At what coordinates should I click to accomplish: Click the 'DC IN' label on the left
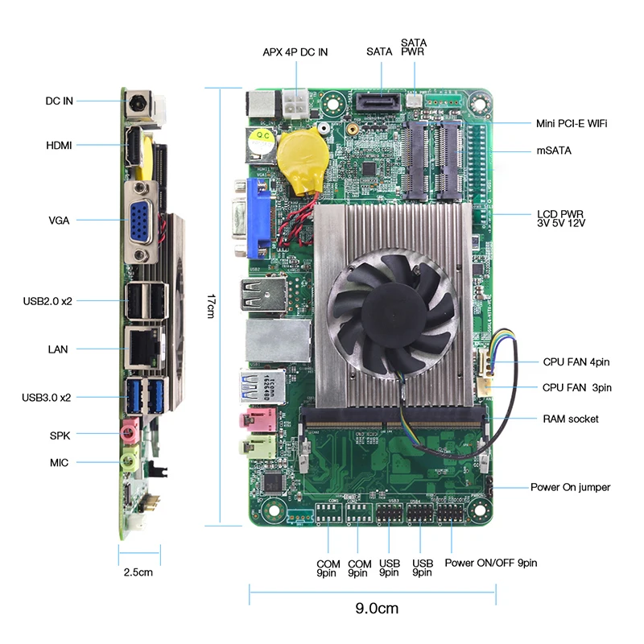pos(59,101)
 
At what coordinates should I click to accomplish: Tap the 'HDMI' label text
pos(59,145)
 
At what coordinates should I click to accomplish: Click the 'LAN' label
pos(58,349)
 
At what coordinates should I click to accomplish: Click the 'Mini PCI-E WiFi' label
pos(572,123)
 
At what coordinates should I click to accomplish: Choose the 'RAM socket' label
pos(570,419)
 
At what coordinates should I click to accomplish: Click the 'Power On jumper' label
pos(570,487)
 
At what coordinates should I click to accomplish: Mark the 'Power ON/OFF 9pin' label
pos(490,563)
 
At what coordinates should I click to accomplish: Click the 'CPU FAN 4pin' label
pos(576,362)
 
